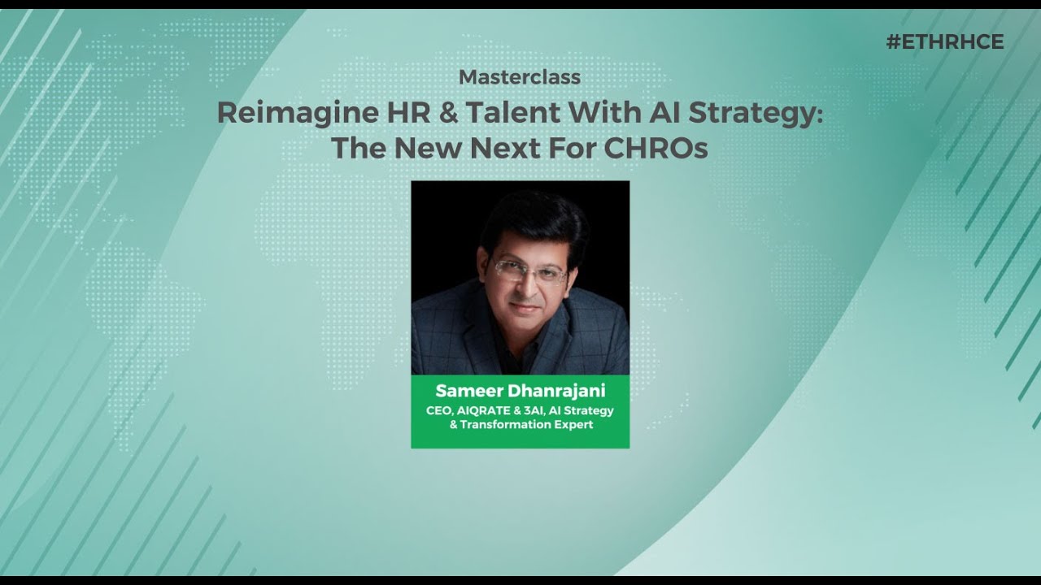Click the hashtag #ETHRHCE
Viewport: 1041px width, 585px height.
945,42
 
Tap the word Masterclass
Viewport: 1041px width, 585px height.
520,77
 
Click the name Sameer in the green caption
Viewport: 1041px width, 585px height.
467,391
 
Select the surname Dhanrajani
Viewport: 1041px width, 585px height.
554,391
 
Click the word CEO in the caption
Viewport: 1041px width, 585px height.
439,410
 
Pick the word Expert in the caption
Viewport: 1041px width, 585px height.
572,424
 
